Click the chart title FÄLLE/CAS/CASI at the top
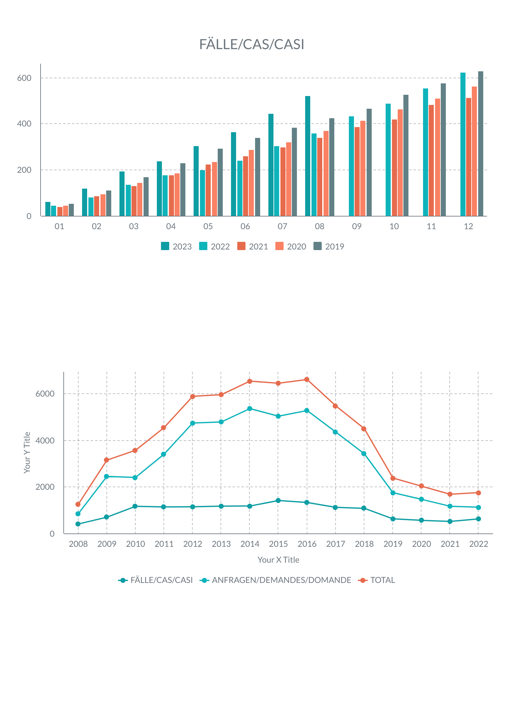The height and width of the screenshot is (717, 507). (x=252, y=44)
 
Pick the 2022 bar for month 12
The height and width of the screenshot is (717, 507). (x=463, y=144)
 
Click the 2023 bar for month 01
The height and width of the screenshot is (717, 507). (x=48, y=209)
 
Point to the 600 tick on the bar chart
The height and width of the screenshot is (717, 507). (x=24, y=78)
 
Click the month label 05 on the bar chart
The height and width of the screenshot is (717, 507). (x=208, y=226)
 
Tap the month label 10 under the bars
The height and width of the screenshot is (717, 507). (x=394, y=226)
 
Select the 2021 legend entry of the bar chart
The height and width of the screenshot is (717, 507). (x=253, y=246)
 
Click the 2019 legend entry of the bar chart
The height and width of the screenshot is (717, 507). (x=329, y=246)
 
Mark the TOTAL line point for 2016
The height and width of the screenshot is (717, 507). (x=307, y=379)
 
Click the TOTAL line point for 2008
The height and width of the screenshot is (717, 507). (x=78, y=504)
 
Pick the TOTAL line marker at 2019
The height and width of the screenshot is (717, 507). (x=393, y=478)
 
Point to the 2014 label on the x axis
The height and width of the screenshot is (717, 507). (x=250, y=544)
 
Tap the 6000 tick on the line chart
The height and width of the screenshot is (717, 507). (x=45, y=394)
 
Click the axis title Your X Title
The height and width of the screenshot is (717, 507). (x=278, y=560)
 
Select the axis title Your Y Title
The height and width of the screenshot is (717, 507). (x=27, y=453)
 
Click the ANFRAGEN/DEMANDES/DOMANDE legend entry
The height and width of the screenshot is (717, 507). (x=275, y=580)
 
